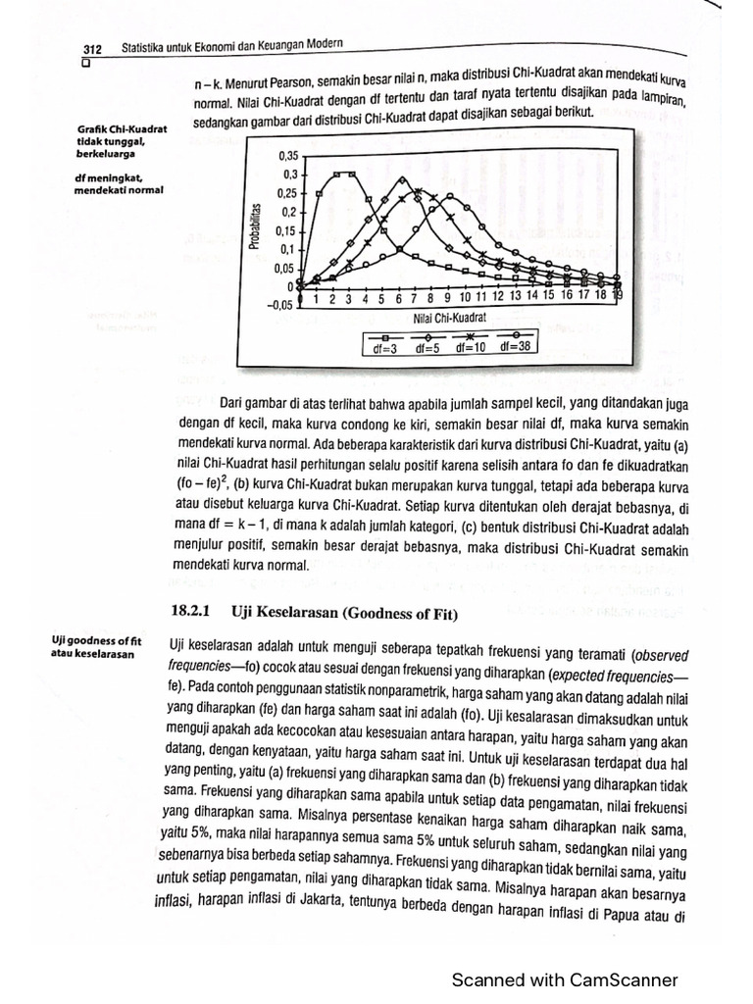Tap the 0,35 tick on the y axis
coord(287,156)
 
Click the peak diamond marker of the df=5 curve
coord(401,180)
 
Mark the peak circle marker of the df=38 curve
coord(450,197)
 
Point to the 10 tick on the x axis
coord(465,297)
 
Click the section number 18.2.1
coord(192,611)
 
